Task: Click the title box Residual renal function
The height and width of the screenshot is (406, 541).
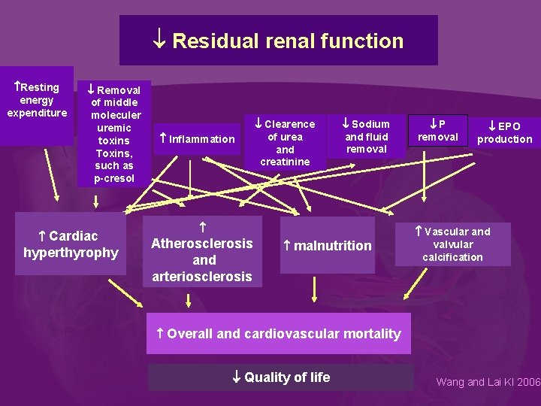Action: (279, 41)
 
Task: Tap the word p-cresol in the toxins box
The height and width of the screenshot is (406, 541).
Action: (114, 178)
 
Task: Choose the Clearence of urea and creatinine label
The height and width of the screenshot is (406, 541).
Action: (285, 143)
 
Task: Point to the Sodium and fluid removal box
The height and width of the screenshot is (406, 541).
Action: (366, 136)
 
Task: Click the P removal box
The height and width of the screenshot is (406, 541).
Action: (437, 130)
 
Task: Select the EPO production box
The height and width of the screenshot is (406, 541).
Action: (504, 132)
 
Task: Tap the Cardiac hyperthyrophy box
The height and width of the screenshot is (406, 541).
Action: (71, 245)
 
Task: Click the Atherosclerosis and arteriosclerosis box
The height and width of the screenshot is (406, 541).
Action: (202, 251)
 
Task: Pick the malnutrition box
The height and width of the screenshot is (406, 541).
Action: (327, 246)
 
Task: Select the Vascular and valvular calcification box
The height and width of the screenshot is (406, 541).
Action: (452, 244)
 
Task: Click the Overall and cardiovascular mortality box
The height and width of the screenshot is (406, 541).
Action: (279, 334)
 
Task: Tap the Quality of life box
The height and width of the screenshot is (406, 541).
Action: (280, 377)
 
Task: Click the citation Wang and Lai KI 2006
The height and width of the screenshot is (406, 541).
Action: (488, 382)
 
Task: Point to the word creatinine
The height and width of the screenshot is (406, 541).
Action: (285, 162)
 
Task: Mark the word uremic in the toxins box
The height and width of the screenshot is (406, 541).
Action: (114, 128)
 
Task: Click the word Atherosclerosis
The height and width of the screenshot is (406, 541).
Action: (202, 244)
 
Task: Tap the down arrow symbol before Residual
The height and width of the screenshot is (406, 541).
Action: (160, 41)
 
